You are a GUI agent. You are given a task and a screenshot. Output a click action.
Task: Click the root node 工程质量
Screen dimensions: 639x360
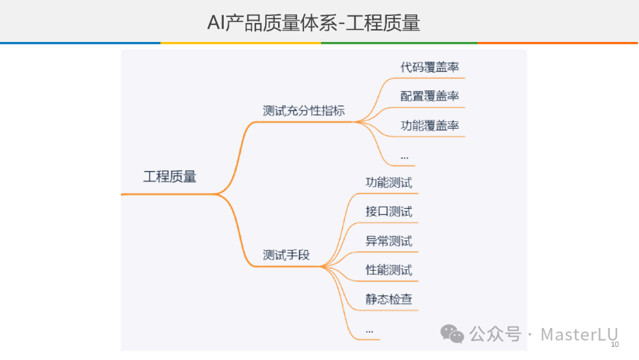tap(169, 176)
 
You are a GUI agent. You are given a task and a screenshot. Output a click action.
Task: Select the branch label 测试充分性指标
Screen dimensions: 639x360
tap(304, 111)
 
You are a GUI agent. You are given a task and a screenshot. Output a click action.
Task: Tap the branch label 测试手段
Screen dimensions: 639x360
tap(286, 255)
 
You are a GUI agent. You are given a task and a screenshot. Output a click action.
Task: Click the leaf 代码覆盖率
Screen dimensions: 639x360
tap(430, 67)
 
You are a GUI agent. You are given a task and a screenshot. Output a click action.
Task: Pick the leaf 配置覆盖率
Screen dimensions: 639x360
tap(430, 97)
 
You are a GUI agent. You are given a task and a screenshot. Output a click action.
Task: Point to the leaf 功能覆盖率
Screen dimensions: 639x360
tap(430, 126)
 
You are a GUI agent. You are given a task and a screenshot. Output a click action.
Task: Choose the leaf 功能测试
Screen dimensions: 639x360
tap(389, 182)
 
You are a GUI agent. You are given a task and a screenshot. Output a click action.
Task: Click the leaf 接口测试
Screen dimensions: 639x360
tap(389, 211)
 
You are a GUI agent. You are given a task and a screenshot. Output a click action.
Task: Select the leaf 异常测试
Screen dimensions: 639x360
tap(389, 241)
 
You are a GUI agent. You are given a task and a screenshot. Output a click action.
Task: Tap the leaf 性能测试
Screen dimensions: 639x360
tap(389, 270)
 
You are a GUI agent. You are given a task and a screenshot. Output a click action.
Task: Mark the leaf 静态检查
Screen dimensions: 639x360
tap(389, 299)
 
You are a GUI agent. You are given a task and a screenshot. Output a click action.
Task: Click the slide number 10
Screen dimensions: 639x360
tap(614, 345)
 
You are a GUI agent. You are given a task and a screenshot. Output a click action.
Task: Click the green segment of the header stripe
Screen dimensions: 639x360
tap(399, 43)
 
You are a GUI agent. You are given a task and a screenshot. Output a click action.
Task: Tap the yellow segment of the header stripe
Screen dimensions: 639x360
tap(240, 43)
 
